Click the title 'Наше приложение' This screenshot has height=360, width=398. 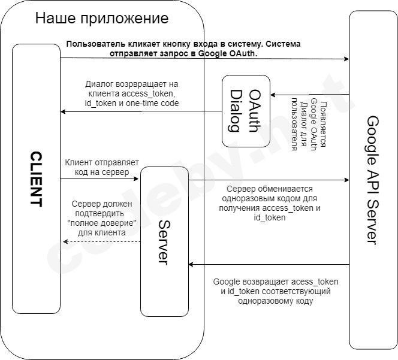(102, 18)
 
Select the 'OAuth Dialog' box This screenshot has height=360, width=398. (246, 111)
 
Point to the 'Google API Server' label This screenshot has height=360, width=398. (373, 180)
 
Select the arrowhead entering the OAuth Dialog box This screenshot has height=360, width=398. (273, 95)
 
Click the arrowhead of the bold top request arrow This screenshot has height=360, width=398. (346, 59)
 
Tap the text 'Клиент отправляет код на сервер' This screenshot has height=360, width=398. (101, 167)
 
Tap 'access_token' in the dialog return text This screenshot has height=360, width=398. (148, 94)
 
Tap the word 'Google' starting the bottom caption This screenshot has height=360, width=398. (227, 282)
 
